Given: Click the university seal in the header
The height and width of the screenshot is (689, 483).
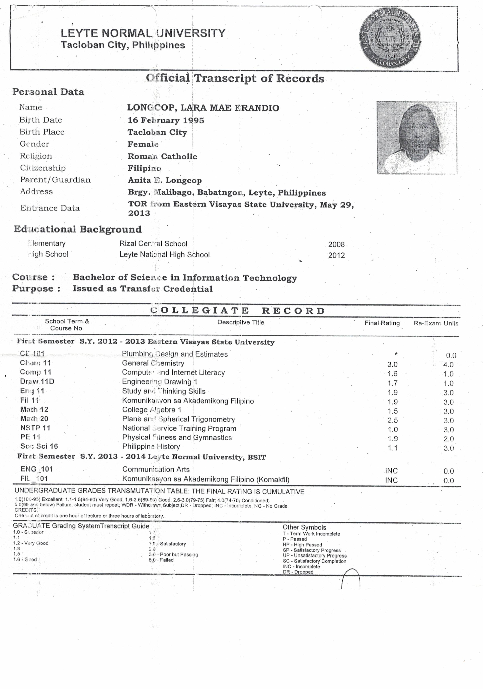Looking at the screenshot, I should tap(390, 37).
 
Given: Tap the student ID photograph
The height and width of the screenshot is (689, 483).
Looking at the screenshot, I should tap(417, 138).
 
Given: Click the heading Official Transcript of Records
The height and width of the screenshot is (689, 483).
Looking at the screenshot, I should tap(235, 78).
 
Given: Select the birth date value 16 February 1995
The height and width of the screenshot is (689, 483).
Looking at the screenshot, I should tap(166, 120).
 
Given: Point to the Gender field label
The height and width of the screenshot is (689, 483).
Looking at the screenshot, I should tap(34, 144).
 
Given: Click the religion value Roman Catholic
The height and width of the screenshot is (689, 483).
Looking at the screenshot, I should tap(162, 156).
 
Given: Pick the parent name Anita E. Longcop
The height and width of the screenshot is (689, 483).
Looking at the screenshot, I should tap(164, 180).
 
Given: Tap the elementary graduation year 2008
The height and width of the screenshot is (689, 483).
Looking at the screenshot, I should tap(336, 245).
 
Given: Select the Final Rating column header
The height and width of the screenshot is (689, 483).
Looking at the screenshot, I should tap(382, 323).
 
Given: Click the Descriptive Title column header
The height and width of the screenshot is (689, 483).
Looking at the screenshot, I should tap(241, 323).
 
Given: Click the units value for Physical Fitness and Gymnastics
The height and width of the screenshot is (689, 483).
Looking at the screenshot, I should tap(449, 439).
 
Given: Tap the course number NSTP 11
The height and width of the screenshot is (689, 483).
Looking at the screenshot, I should tap(35, 428).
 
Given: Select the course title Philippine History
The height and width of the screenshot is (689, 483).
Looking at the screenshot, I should tap(151, 446).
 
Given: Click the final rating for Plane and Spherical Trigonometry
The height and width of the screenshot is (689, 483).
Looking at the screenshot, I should tap(392, 420).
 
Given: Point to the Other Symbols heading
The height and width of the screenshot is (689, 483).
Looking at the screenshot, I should tap(304, 527).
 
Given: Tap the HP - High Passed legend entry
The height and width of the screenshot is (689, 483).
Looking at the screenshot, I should tap(302, 545).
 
